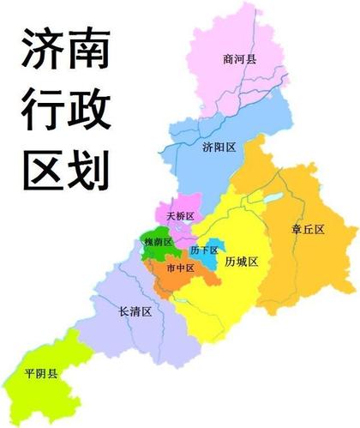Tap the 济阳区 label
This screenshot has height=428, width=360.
click(x=219, y=148)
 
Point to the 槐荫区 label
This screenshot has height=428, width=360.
click(x=159, y=243)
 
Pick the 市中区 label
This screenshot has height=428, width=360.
click(x=180, y=268)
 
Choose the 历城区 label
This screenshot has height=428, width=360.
click(x=241, y=262)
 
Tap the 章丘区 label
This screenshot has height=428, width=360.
click(x=307, y=229)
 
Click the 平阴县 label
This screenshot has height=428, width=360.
click(x=41, y=374)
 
